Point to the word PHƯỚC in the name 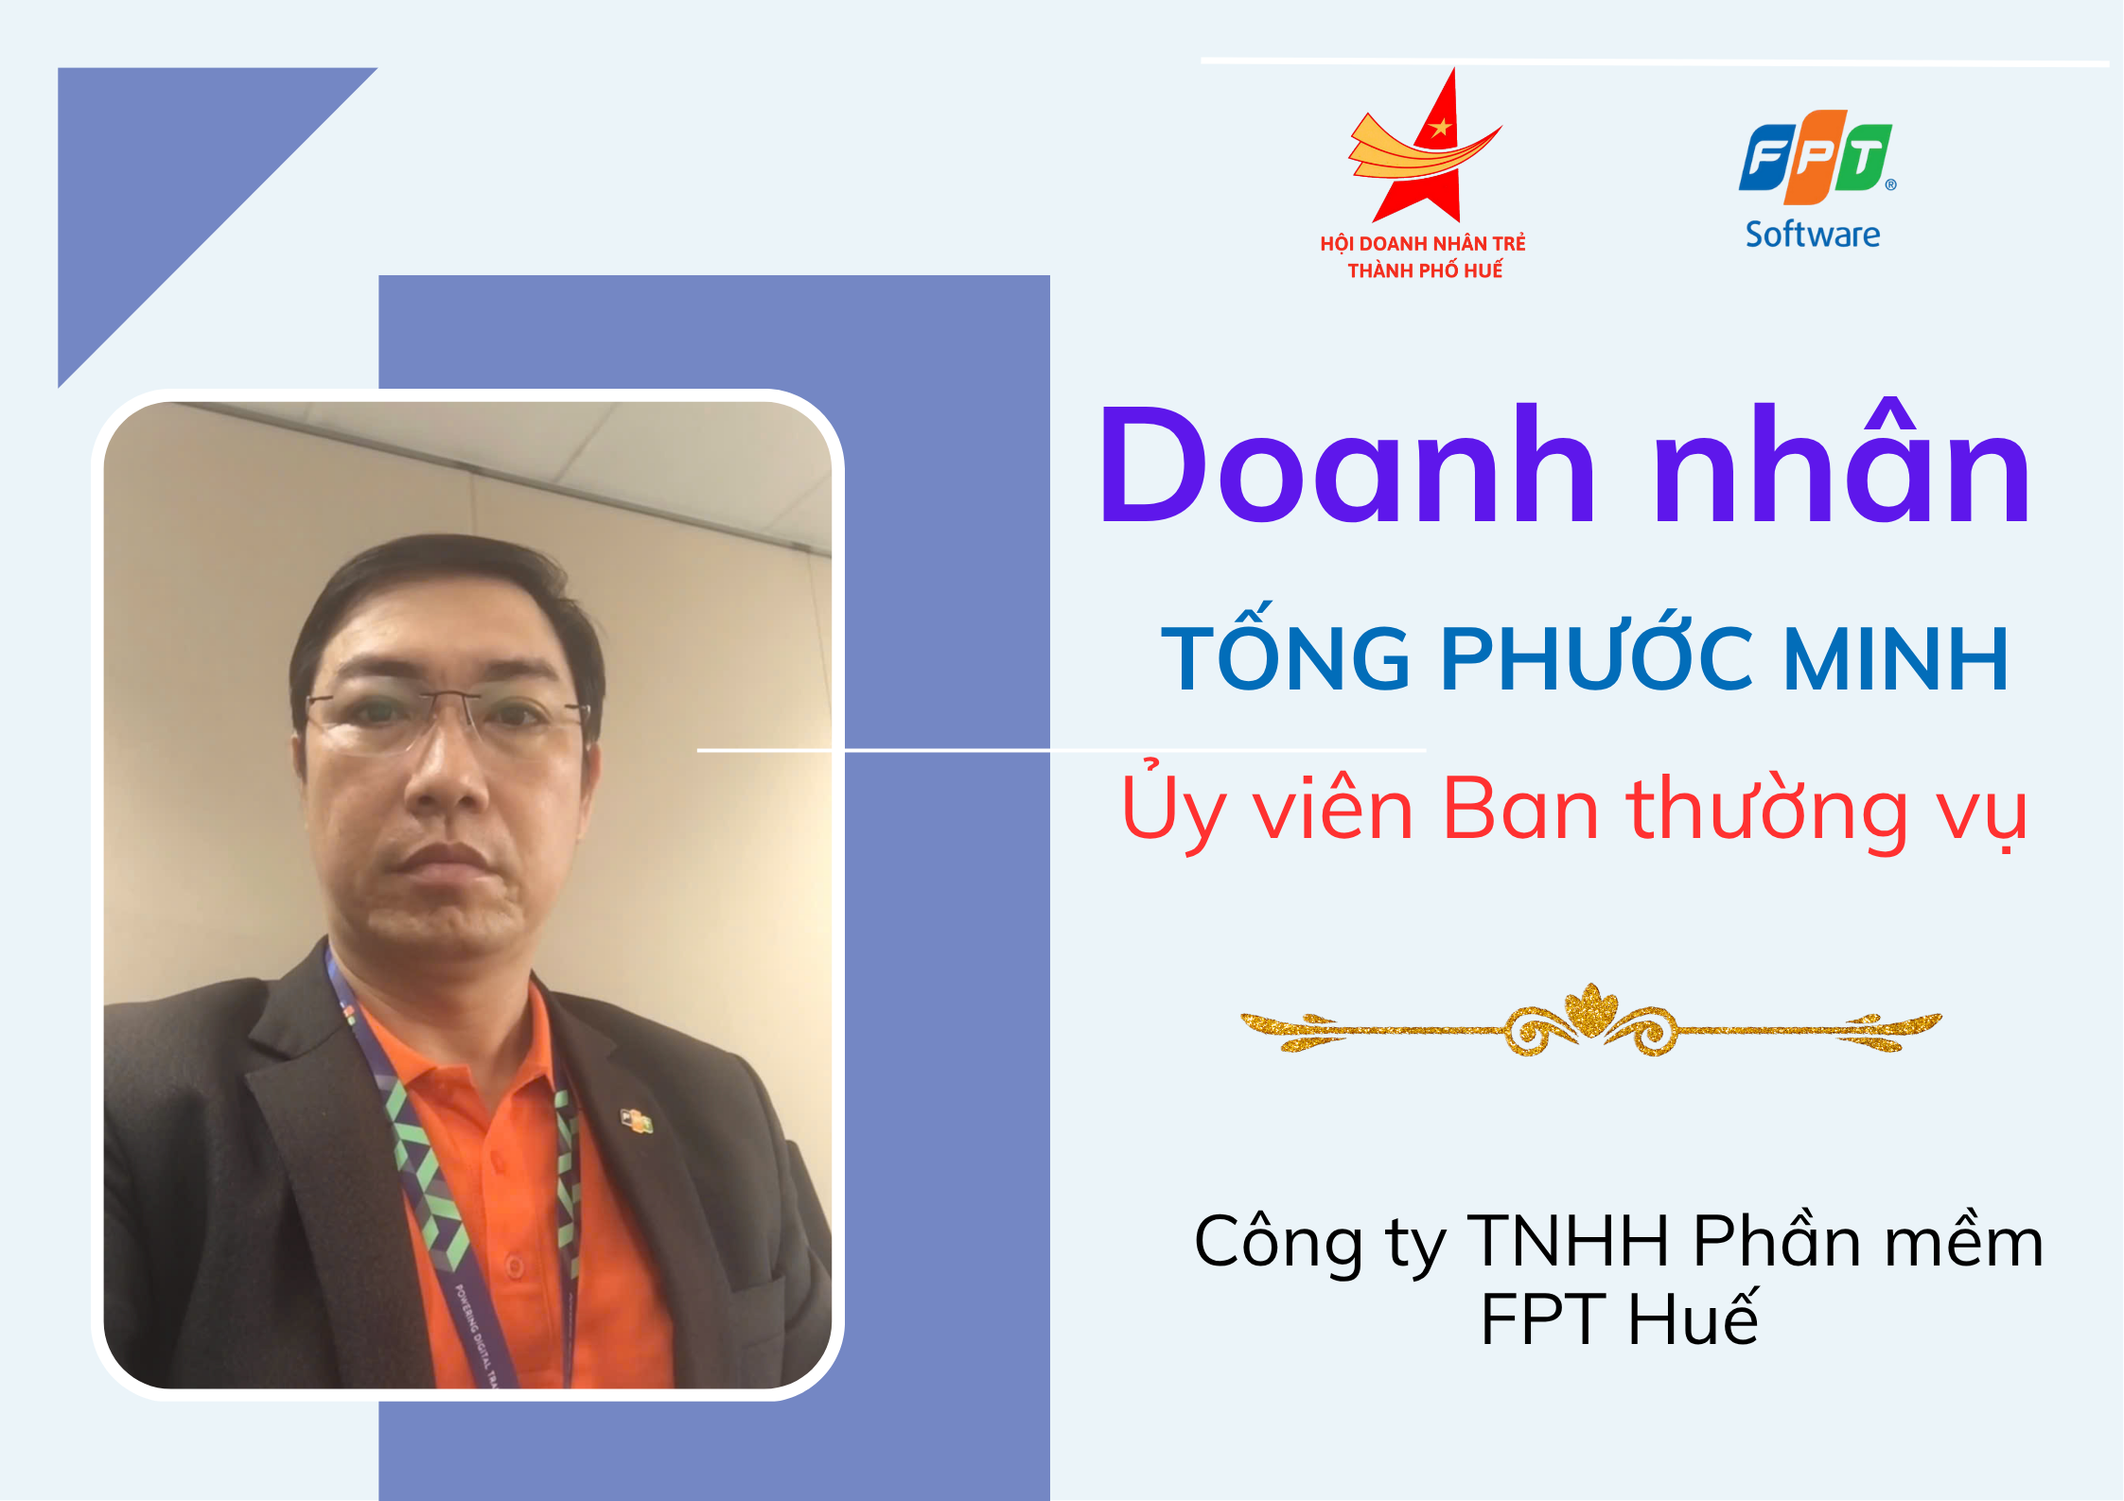coord(1597,652)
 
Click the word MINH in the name coord(1895,658)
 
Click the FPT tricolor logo coord(1817,157)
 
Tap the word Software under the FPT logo coord(1813,234)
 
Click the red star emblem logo coord(1424,147)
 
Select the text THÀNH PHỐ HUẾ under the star coord(1425,271)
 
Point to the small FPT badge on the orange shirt coord(636,1121)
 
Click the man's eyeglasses coord(445,721)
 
